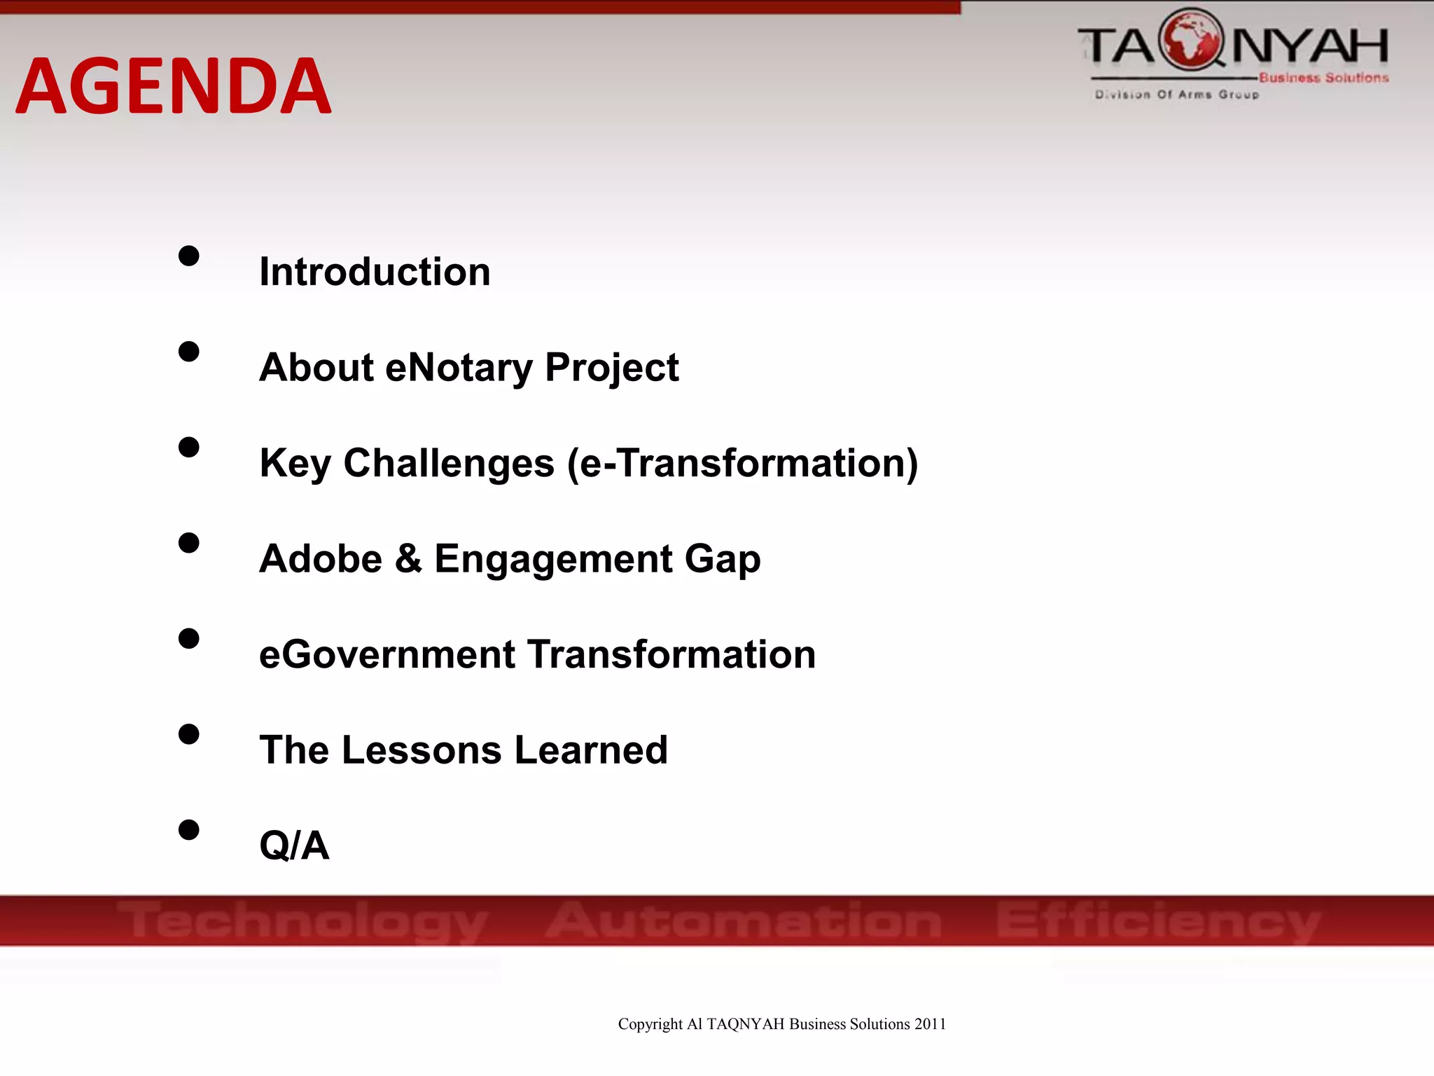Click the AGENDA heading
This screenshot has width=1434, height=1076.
coord(173,85)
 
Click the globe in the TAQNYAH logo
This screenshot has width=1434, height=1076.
coord(1192,41)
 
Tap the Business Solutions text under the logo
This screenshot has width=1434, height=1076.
coord(1323,78)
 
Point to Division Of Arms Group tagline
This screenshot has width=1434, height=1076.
coord(1177,94)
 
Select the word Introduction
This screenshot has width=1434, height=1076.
coord(375,272)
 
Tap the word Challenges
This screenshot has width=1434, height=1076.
coord(448,463)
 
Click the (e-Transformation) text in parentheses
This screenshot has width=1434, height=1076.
coord(742,463)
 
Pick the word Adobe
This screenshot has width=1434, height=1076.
coord(321,559)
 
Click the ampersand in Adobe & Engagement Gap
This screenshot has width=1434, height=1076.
coord(408,559)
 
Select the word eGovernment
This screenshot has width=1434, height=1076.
coord(387,654)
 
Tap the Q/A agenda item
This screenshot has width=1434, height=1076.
coord(294,846)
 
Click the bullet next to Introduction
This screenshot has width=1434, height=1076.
coord(188,256)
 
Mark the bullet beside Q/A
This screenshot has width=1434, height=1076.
coord(188,830)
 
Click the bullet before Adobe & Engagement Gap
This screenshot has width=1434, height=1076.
coord(188,543)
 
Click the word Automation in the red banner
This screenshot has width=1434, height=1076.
coord(744,920)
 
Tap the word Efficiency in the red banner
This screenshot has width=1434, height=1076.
coord(1159,920)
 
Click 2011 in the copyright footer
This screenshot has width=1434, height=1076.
coord(930,1024)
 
